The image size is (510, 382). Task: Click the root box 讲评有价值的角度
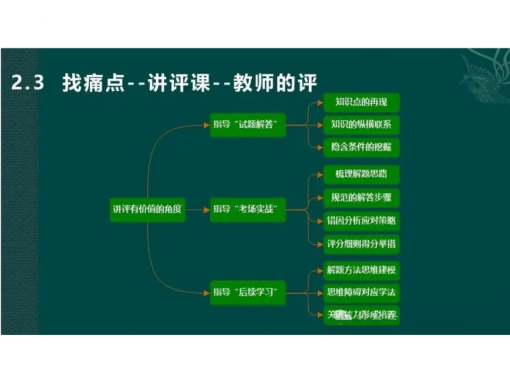point(147,209)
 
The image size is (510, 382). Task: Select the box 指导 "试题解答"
point(248,125)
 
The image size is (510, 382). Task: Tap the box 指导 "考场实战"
point(248,209)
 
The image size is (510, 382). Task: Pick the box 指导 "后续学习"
point(248,292)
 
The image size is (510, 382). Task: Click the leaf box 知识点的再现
point(361,102)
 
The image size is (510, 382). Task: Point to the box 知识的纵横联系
point(361,125)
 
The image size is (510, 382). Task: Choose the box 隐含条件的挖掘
point(361,147)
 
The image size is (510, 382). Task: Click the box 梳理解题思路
point(361,174)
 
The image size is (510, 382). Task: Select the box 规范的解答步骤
point(361,197)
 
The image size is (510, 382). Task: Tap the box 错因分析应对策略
point(361,220)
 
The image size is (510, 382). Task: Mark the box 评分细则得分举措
point(361,244)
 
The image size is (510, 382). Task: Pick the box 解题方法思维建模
point(361,271)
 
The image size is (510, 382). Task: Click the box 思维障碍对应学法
point(361,292)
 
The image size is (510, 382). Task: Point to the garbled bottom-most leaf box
point(361,315)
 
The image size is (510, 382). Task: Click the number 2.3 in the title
point(28,83)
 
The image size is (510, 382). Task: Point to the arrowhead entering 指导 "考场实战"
point(206,209)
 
